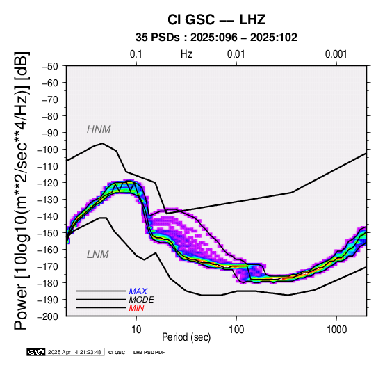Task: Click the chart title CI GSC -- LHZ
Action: pos(216,19)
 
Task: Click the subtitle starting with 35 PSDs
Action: pos(216,38)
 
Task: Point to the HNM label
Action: pos(99,129)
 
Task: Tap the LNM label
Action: pos(98,255)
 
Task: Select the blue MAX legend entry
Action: pos(138,291)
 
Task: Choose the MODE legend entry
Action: pos(142,300)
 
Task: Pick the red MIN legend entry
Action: pos(136,308)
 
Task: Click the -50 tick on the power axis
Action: pos(50,66)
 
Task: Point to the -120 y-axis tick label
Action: pos(48,183)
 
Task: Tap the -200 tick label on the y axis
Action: pos(48,316)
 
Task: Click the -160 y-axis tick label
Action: pos(48,250)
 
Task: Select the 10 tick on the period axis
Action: pos(136,330)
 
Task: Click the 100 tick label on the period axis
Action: pos(236,330)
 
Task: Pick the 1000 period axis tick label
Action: pos(336,330)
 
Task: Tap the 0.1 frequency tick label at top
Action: pos(136,54)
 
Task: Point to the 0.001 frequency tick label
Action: pos(336,54)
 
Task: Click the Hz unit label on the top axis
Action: pos(186,54)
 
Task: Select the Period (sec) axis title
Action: pos(186,337)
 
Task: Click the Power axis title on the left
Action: pos(22,191)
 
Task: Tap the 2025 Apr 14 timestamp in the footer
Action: pos(74,352)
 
